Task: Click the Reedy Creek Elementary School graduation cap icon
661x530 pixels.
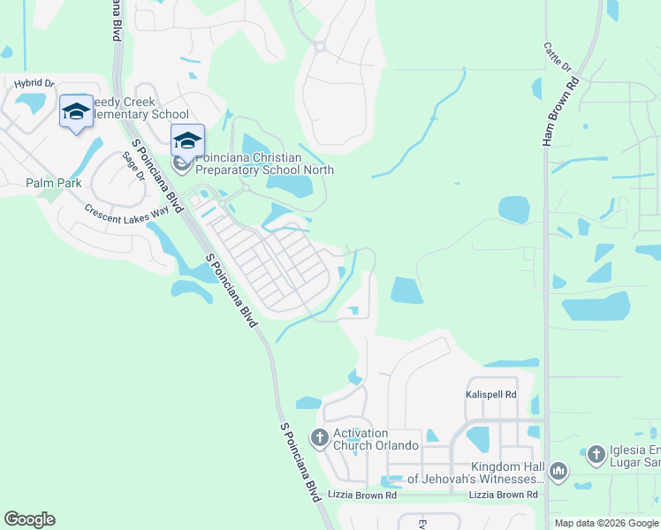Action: [76, 112]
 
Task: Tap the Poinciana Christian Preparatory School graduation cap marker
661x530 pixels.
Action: [187, 140]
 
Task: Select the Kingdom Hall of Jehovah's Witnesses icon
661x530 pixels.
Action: [558, 473]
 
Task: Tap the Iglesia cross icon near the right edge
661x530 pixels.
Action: [596, 454]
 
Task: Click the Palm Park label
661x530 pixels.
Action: [53, 183]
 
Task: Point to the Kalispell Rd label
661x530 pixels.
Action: [490, 395]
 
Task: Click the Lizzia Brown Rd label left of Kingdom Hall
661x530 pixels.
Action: [363, 495]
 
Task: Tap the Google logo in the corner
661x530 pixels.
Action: [29, 519]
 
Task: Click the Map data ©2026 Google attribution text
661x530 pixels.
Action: [606, 523]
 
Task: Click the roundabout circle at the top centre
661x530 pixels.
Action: [319, 46]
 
